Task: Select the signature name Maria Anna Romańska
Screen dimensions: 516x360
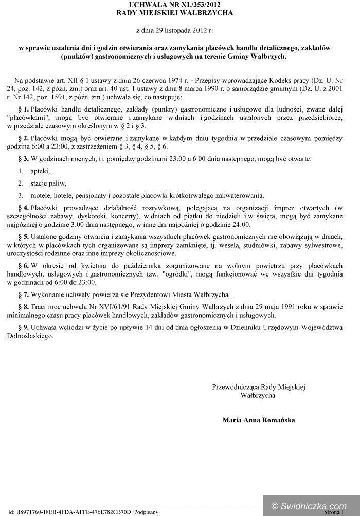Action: click(259, 420)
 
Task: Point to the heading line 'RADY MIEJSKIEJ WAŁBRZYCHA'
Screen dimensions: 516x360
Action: click(181, 13)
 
